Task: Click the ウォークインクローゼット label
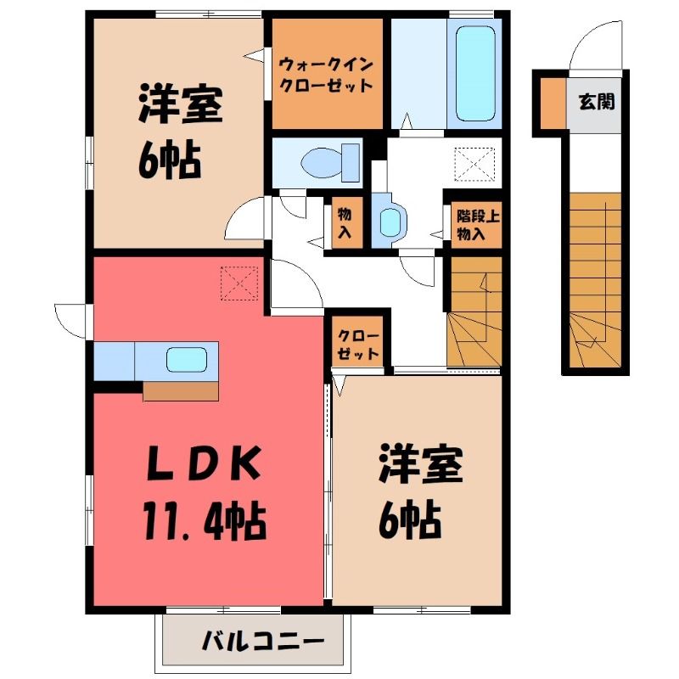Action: pyautogui.click(x=326, y=76)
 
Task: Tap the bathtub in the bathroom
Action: pyautogui.click(x=475, y=74)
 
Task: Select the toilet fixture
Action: pyautogui.click(x=330, y=163)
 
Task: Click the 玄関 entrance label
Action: pyautogui.click(x=597, y=102)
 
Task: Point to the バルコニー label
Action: pyautogui.click(x=263, y=641)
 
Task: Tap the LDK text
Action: pyautogui.click(x=204, y=463)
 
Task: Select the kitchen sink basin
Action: pyautogui.click(x=187, y=359)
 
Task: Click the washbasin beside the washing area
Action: pyautogui.click(x=390, y=221)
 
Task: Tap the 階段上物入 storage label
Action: pyautogui.click(x=477, y=225)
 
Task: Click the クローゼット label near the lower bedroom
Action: pyautogui.click(x=358, y=345)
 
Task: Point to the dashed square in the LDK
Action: pyautogui.click(x=239, y=283)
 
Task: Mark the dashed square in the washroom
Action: pyautogui.click(x=474, y=165)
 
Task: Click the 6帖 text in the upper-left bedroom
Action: pyautogui.click(x=170, y=161)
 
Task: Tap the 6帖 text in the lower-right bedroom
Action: pyautogui.click(x=410, y=519)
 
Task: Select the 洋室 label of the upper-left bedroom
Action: pyautogui.click(x=181, y=104)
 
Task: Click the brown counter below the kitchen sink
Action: pyautogui.click(x=181, y=391)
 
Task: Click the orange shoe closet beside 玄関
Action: pyautogui.click(x=553, y=103)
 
